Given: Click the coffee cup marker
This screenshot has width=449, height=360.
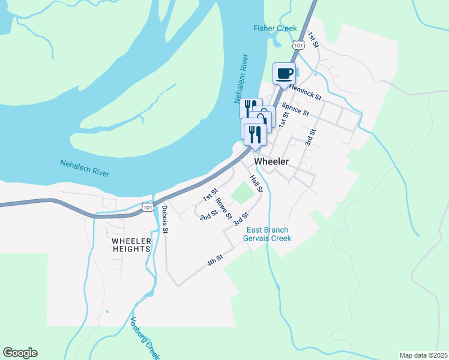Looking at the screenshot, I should [285, 74].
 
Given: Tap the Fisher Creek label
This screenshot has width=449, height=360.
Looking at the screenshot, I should [276, 28].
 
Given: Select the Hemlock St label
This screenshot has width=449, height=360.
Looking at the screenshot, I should [306, 91].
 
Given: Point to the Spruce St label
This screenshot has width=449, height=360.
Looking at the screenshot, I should [295, 109].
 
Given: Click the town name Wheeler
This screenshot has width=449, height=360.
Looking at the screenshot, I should [271, 161].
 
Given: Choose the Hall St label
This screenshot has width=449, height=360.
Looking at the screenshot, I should [256, 184].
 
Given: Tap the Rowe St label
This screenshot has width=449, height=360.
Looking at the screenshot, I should [224, 208].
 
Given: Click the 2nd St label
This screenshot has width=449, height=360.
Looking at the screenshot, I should [209, 215].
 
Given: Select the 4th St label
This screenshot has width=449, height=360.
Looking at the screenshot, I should [215, 260].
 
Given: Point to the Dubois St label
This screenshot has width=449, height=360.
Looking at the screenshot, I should [164, 220].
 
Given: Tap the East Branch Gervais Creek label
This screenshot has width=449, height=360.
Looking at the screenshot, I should [267, 234].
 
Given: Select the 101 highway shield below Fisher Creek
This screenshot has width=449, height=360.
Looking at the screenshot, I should [298, 45].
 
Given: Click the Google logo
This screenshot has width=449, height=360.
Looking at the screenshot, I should [20, 353].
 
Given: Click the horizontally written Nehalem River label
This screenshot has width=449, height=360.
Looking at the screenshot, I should [85, 167].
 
